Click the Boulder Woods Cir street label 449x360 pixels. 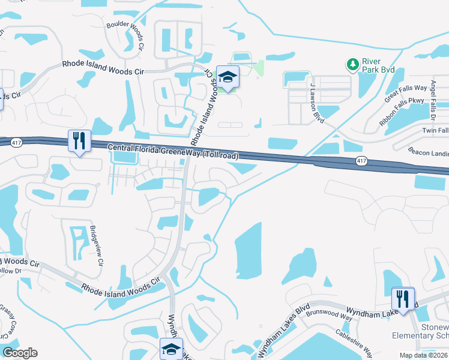125,37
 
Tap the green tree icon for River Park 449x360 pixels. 352,64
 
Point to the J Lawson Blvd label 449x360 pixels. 317,104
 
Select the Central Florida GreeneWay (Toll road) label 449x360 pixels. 173,152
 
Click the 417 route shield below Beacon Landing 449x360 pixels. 361,161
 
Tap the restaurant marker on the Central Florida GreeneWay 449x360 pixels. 79,141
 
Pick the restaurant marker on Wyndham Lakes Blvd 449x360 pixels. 403,298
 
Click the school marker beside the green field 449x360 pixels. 228,77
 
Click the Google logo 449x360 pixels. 20,353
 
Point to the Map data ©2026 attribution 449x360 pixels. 423,355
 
